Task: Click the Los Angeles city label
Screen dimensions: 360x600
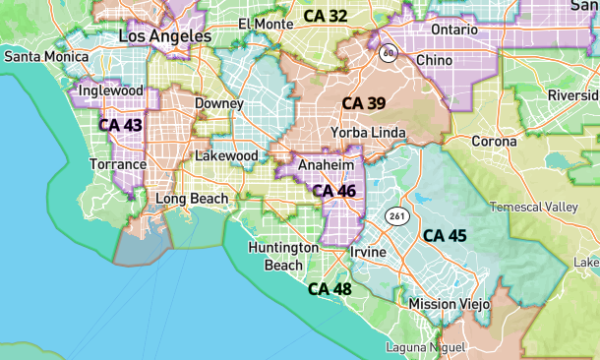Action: click(x=164, y=36)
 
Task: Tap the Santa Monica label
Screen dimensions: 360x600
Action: click(x=46, y=57)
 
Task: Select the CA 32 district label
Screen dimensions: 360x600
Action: click(x=325, y=16)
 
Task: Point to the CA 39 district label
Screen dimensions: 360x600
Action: click(x=364, y=103)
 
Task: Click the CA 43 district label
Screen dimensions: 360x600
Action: click(x=120, y=126)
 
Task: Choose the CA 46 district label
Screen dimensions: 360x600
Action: click(x=332, y=191)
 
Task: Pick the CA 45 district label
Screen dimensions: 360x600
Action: click(x=445, y=236)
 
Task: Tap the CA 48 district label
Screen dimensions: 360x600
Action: click(x=330, y=289)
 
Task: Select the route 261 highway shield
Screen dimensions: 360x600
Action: click(x=396, y=215)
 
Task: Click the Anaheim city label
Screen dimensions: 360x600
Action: click(x=325, y=165)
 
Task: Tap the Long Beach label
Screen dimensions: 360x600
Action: click(x=192, y=199)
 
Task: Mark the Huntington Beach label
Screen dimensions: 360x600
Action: click(x=282, y=256)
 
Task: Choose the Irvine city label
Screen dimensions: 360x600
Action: click(x=368, y=253)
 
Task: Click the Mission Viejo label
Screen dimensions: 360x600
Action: click(x=449, y=304)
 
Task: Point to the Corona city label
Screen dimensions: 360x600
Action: click(x=494, y=142)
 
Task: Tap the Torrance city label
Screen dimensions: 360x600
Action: click(x=119, y=164)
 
